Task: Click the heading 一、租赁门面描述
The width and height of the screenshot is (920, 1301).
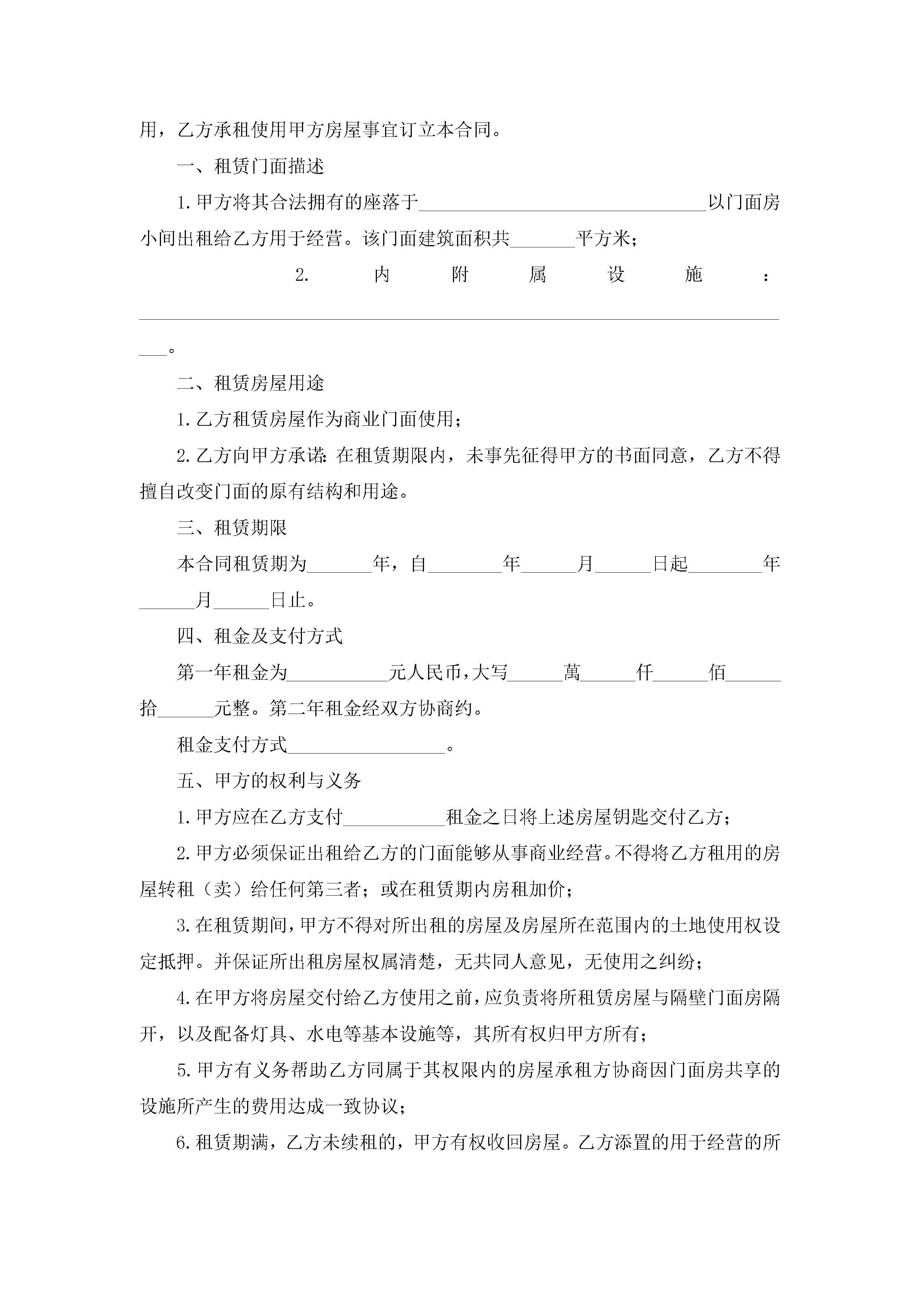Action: pyautogui.click(x=250, y=167)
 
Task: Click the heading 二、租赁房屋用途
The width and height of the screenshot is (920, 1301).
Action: pyautogui.click(x=250, y=383)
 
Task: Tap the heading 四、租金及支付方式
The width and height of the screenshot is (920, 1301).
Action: pyautogui.click(x=260, y=636)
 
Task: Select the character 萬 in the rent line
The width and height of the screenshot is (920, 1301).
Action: pyautogui.click(x=572, y=673)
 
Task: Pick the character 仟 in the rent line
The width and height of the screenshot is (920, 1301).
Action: pyautogui.click(x=644, y=673)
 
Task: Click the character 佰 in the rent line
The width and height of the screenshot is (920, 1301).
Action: pyautogui.click(x=717, y=673)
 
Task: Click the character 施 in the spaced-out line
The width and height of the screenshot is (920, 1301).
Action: pyautogui.click(x=693, y=275)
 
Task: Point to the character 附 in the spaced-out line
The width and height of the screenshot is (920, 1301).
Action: pyautogui.click(x=460, y=275)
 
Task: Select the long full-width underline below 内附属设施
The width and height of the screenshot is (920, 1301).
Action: pyautogui.click(x=459, y=319)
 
